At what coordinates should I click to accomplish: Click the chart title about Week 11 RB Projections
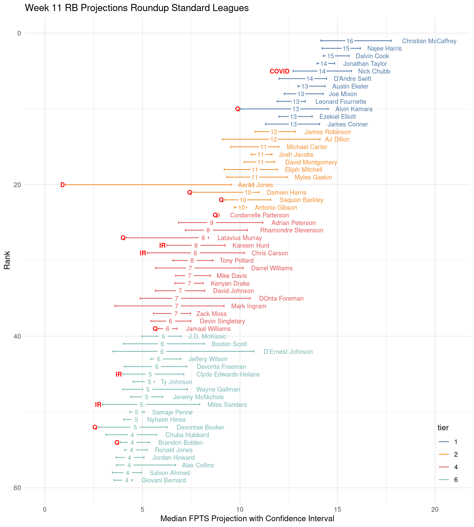[x=137, y=8]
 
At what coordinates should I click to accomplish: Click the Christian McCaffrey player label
[x=429, y=41]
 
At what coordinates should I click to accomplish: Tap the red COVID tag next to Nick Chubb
[x=279, y=71]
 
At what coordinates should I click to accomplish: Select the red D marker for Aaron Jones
[x=62, y=185]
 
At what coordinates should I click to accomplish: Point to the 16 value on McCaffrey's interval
[x=349, y=41]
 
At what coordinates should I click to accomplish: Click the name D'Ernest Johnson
[x=288, y=352]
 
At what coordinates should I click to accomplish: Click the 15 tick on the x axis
[x=338, y=510]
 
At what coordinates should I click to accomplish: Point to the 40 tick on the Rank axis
[x=17, y=336]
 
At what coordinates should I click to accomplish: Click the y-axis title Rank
[x=7, y=260]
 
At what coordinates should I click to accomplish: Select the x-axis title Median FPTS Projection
[x=247, y=519]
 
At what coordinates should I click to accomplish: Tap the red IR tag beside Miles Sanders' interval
[x=98, y=405]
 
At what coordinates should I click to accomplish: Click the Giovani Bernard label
[x=164, y=480]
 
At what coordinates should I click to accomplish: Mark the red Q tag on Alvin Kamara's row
[x=238, y=109]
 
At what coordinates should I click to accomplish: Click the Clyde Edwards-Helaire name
[x=228, y=374]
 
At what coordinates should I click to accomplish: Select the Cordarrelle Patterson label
[x=259, y=215]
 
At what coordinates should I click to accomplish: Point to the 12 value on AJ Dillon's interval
[x=274, y=139]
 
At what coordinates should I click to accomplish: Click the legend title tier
[x=443, y=428]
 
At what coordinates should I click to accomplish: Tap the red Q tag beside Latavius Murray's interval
[x=123, y=238]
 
